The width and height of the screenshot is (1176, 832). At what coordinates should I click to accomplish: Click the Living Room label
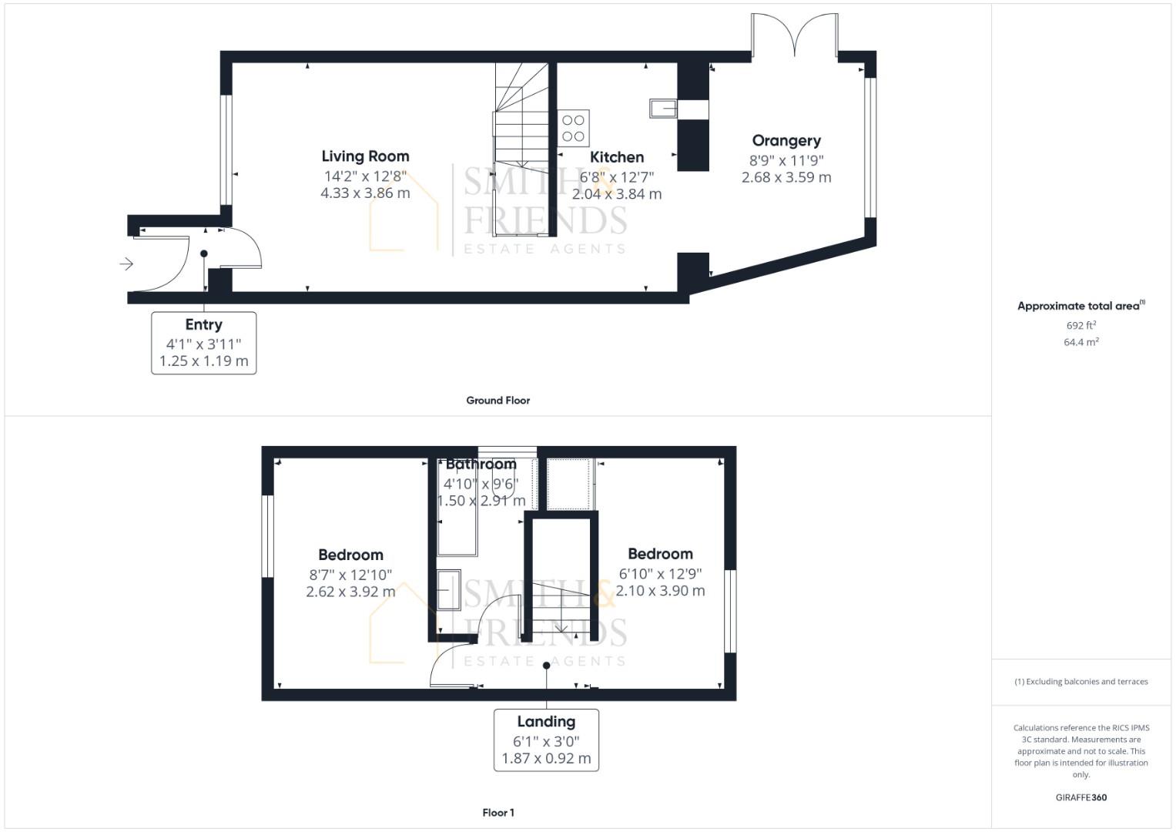(x=365, y=156)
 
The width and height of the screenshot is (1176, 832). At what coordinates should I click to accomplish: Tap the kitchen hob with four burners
(x=573, y=128)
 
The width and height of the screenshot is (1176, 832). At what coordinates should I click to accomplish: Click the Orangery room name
(x=786, y=141)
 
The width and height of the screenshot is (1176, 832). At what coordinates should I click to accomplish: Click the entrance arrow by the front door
(x=126, y=264)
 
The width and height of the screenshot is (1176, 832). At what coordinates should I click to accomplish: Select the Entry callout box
(x=203, y=343)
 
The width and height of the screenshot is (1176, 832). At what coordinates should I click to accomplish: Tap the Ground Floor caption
(x=498, y=401)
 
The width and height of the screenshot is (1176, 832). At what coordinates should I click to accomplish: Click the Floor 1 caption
(x=498, y=813)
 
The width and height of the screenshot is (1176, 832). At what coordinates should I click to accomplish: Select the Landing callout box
(x=546, y=740)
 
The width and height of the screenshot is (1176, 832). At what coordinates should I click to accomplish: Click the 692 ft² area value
(x=1081, y=326)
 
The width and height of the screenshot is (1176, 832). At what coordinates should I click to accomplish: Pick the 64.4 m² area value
(x=1081, y=342)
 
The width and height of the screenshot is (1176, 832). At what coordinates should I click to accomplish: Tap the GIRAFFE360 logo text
(x=1081, y=797)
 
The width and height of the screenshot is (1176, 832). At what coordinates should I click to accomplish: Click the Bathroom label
(x=481, y=465)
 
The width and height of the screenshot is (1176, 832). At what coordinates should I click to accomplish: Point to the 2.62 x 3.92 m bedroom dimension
(x=350, y=592)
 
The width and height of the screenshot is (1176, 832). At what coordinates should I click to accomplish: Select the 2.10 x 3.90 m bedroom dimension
(x=660, y=591)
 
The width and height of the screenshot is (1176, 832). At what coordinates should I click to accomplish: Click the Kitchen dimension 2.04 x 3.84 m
(x=616, y=194)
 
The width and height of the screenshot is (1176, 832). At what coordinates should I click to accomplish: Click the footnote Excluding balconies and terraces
(x=1081, y=682)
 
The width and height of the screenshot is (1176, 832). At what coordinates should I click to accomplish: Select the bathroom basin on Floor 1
(x=448, y=589)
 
